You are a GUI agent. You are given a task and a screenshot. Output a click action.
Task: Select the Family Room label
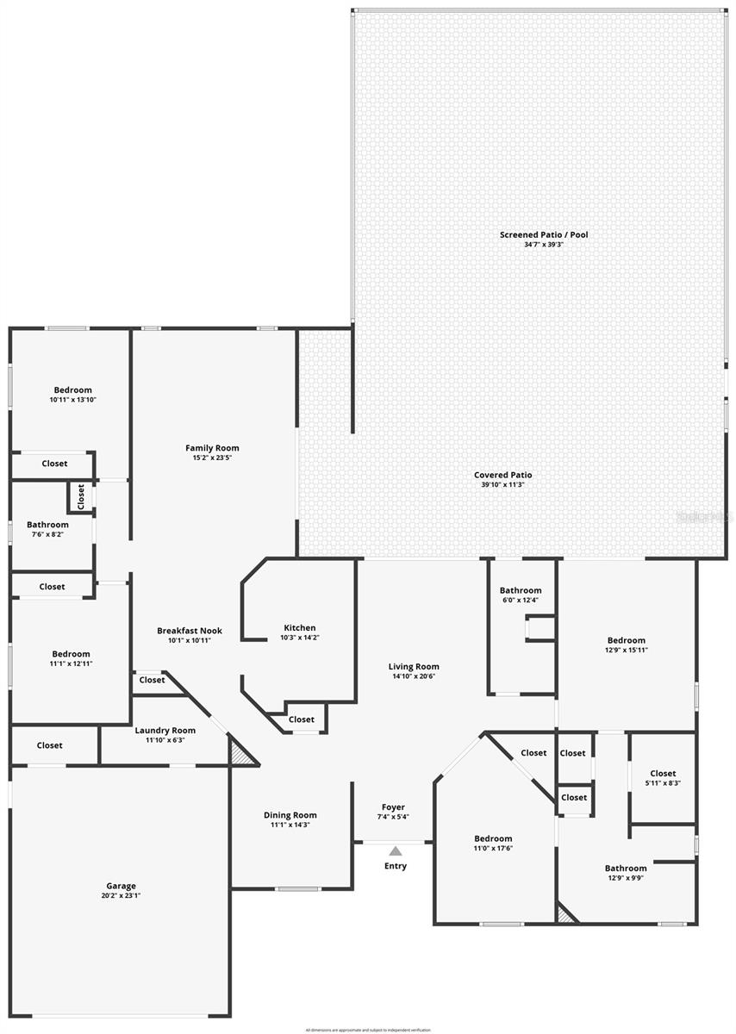pos(212,448)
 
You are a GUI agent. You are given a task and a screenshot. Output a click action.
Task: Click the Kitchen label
pos(300,627)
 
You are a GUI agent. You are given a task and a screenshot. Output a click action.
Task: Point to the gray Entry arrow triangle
pos(395,851)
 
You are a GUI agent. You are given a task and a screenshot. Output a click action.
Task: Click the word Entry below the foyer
pos(396,866)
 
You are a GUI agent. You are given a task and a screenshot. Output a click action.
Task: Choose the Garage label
pos(121,886)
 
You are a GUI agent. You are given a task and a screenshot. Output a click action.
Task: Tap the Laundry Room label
pos(165,730)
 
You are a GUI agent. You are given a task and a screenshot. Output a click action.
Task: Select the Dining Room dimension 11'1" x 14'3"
pos(290,825)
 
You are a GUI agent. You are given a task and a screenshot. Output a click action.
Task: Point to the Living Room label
pos(414,666)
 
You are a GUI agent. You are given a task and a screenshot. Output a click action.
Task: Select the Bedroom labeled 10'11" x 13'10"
pos(72,390)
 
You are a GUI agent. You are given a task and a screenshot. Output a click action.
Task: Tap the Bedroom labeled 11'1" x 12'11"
pos(71,654)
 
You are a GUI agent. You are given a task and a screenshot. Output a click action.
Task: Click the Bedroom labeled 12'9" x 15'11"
pos(626,640)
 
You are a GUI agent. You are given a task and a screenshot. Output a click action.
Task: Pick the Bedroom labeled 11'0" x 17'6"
pos(493,838)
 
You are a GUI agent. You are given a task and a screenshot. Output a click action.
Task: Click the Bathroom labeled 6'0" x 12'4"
pos(521,590)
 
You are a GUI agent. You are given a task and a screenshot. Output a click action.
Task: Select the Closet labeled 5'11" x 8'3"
pos(663,773)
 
